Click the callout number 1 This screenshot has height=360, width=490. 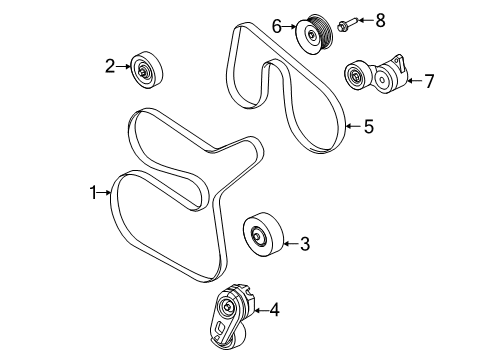coord(96,193)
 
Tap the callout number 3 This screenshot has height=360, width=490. coord(305,242)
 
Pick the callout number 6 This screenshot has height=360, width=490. coord(276,25)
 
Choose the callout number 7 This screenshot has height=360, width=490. coord(428,81)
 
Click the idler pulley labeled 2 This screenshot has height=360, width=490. coord(147,71)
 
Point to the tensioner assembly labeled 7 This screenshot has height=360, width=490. coord(378,73)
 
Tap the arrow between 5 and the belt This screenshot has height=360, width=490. coord(351,127)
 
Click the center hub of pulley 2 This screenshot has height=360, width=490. coord(146,71)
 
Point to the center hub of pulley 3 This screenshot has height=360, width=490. coord(258,237)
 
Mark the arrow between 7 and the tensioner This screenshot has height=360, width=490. coord(412,81)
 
